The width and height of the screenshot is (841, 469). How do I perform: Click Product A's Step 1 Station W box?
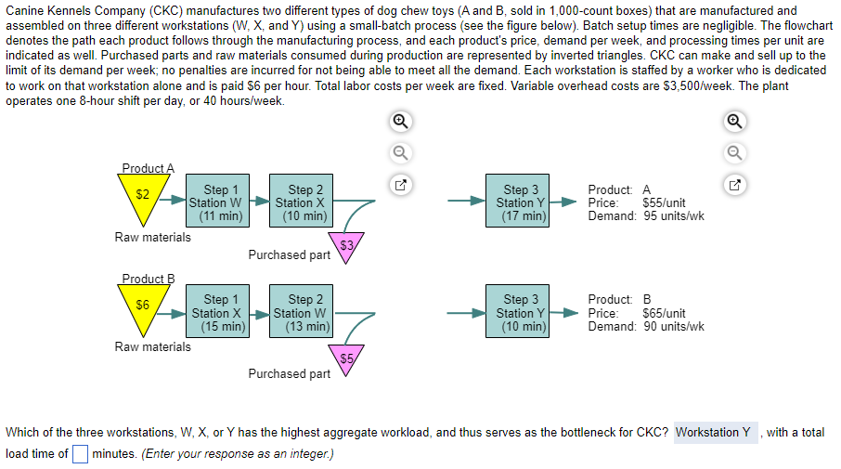216,202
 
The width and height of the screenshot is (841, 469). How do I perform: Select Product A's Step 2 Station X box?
301,202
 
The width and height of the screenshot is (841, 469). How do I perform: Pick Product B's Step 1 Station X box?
216,313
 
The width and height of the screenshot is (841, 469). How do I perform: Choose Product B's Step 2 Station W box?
301,313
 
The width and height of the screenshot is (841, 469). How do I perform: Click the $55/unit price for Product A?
664,202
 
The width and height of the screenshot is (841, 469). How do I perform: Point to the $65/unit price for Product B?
664,313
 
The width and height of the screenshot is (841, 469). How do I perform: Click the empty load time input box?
80,453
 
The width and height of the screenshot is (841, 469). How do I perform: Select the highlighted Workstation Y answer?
713,433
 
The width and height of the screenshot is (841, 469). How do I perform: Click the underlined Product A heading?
148,168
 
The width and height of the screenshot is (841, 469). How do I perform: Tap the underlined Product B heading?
148,279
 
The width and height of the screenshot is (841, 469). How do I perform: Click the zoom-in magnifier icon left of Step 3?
399,121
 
